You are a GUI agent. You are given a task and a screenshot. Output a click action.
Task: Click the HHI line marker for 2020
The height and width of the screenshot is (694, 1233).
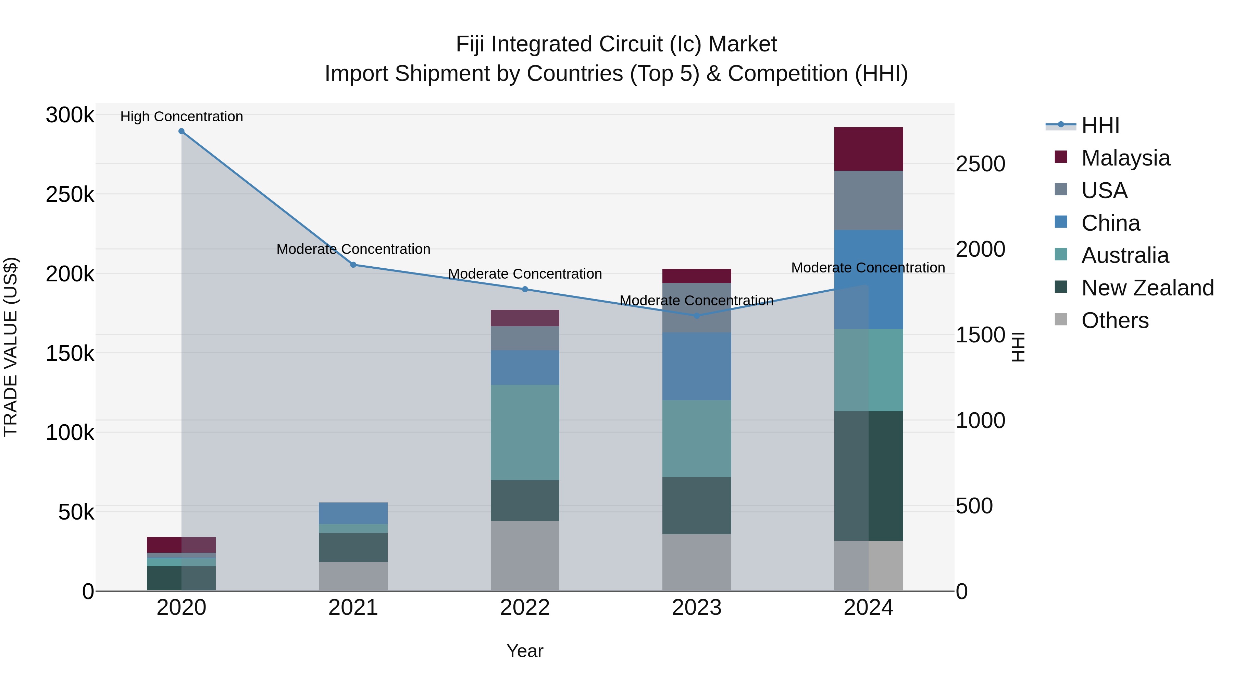point(182,131)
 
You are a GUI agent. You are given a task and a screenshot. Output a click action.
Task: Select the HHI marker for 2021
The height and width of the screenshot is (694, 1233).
point(353,265)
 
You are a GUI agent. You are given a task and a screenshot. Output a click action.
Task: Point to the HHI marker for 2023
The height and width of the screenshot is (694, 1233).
point(697,316)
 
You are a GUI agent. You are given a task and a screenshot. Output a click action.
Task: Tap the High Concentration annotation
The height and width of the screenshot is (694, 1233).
point(182,117)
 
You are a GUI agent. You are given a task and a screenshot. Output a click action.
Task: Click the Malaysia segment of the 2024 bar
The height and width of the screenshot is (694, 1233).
point(868,149)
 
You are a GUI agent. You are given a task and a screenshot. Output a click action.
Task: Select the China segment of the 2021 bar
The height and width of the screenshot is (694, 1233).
point(353,513)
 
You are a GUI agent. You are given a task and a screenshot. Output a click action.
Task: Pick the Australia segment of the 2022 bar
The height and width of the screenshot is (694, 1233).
point(525,433)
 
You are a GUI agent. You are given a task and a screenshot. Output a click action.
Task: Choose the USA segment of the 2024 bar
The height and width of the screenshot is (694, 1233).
point(868,200)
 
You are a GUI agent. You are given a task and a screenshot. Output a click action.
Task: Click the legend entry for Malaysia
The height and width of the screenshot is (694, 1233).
point(1125,158)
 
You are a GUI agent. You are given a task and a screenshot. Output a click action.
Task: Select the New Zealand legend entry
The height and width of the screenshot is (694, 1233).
point(1147,288)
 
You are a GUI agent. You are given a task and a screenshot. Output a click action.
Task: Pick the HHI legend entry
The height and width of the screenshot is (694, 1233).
point(1100,125)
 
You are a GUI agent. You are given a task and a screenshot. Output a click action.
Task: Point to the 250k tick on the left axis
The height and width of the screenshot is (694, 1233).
point(70,195)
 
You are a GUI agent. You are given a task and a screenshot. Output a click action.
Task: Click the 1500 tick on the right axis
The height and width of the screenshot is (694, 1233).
point(980,335)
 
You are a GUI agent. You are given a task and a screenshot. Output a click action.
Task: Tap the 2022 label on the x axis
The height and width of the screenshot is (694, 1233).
point(525,608)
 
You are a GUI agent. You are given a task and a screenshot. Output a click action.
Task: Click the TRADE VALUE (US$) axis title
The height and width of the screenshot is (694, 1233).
point(11,347)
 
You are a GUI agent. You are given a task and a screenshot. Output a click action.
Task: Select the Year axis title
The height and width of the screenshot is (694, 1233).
point(525,651)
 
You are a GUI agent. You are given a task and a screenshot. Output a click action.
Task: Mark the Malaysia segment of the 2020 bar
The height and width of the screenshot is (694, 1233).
point(182,545)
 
